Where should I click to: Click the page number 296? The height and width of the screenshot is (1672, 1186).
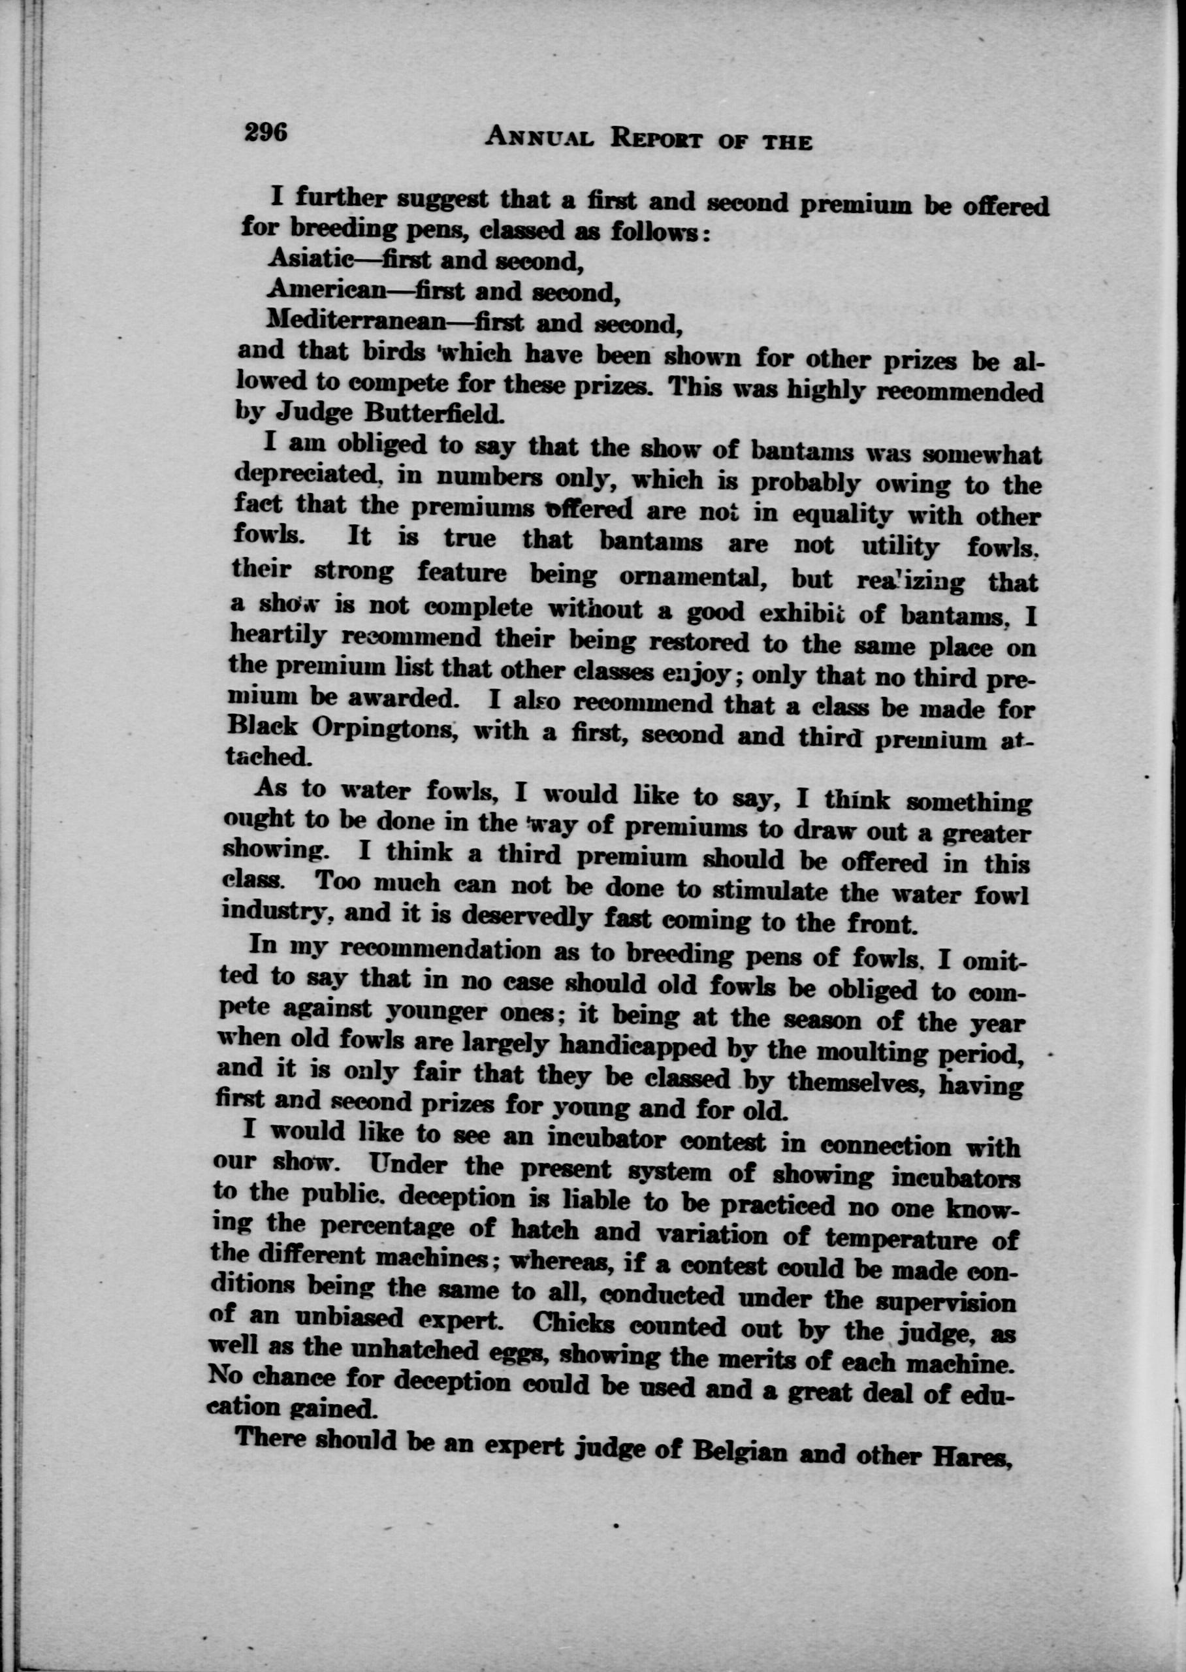point(267,132)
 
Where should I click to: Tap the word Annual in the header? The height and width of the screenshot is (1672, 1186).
point(539,137)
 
